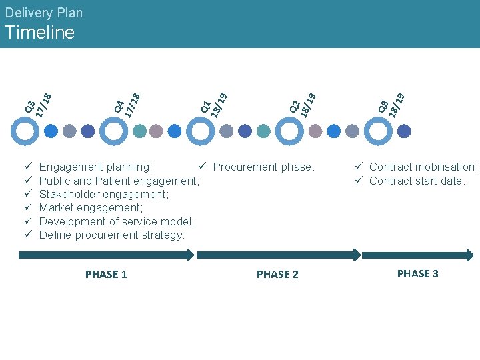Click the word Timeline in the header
pos(39,33)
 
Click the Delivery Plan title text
pos(43,13)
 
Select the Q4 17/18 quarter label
pos(127,98)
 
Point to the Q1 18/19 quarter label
pos(215,98)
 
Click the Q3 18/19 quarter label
pos(391,98)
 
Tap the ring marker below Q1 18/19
pos(200,131)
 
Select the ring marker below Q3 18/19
pos(377,131)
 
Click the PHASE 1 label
pos(106,275)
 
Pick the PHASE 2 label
pos(277,275)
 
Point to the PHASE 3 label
pos(417,274)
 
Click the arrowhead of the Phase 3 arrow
pos(469,255)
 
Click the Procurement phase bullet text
pos(263,167)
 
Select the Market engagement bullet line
pos(91,208)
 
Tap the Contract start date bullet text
pos(417,181)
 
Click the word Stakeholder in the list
pos(69,194)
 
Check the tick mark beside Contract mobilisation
pos(358,167)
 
